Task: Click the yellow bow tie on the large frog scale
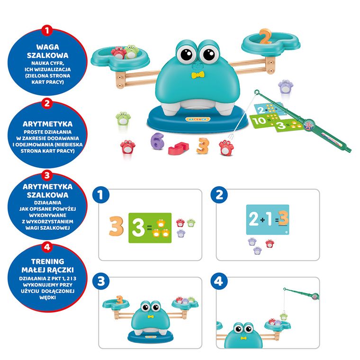198,75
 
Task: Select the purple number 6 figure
157,141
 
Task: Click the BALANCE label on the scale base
198,119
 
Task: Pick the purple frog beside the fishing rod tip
286,86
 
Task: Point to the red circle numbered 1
47,30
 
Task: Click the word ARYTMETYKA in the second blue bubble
47,124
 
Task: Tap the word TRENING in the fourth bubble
47,261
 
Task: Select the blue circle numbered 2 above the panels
219,195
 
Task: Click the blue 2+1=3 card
268,219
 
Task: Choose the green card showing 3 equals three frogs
150,228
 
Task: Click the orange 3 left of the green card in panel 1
116,226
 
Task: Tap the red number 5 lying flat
179,148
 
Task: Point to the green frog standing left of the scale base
123,118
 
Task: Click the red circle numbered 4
47,247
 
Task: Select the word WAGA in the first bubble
47,47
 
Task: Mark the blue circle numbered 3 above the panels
101,281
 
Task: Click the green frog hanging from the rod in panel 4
284,316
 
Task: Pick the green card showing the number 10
264,120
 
